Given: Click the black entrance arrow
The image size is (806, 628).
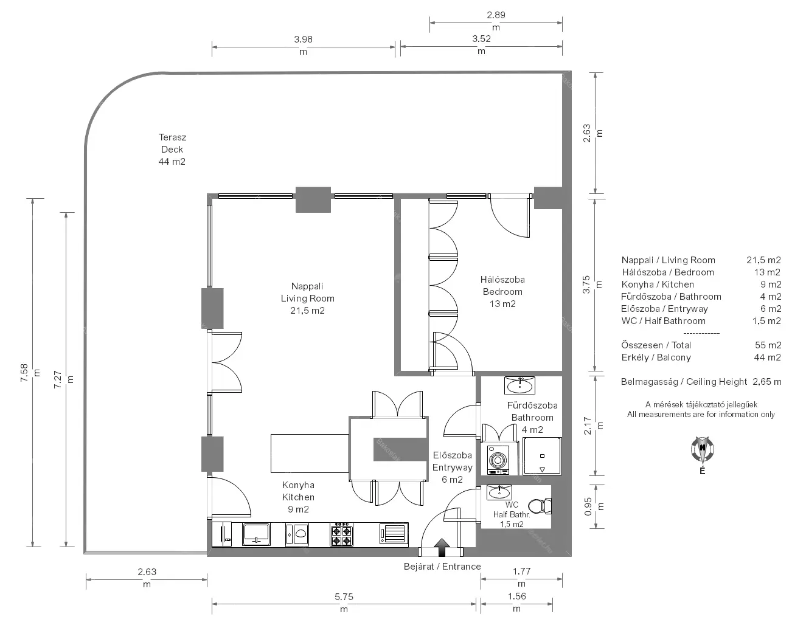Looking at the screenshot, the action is [x=442, y=548].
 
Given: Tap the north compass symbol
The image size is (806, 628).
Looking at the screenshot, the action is [x=702, y=450].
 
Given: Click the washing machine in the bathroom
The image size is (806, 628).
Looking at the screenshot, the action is [x=498, y=460].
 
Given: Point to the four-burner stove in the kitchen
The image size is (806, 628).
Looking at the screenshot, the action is [x=341, y=534].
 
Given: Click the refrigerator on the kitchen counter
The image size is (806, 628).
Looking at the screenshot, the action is [x=221, y=534].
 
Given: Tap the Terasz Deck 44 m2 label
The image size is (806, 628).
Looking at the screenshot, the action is [x=172, y=150].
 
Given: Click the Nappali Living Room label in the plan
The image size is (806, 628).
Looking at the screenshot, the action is [x=307, y=292].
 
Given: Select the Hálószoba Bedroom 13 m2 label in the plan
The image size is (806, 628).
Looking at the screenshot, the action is [x=502, y=291].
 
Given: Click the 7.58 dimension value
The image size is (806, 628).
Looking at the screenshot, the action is [x=24, y=373].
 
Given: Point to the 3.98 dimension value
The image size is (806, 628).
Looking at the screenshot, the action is [x=303, y=40].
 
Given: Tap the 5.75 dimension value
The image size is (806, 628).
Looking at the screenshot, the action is [x=344, y=597].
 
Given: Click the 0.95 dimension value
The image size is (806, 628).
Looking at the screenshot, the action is [x=588, y=506].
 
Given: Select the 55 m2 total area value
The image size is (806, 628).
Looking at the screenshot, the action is [x=768, y=345].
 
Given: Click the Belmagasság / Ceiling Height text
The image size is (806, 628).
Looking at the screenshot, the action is [x=684, y=381].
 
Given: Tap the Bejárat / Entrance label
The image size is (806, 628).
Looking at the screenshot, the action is [x=442, y=567].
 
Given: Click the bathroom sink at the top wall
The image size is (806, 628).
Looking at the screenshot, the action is [x=519, y=385].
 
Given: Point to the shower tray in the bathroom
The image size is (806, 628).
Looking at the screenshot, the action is [x=542, y=456].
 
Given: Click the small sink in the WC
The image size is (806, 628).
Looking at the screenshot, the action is [x=499, y=492].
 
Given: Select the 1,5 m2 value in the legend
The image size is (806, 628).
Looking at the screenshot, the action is [x=766, y=320].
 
